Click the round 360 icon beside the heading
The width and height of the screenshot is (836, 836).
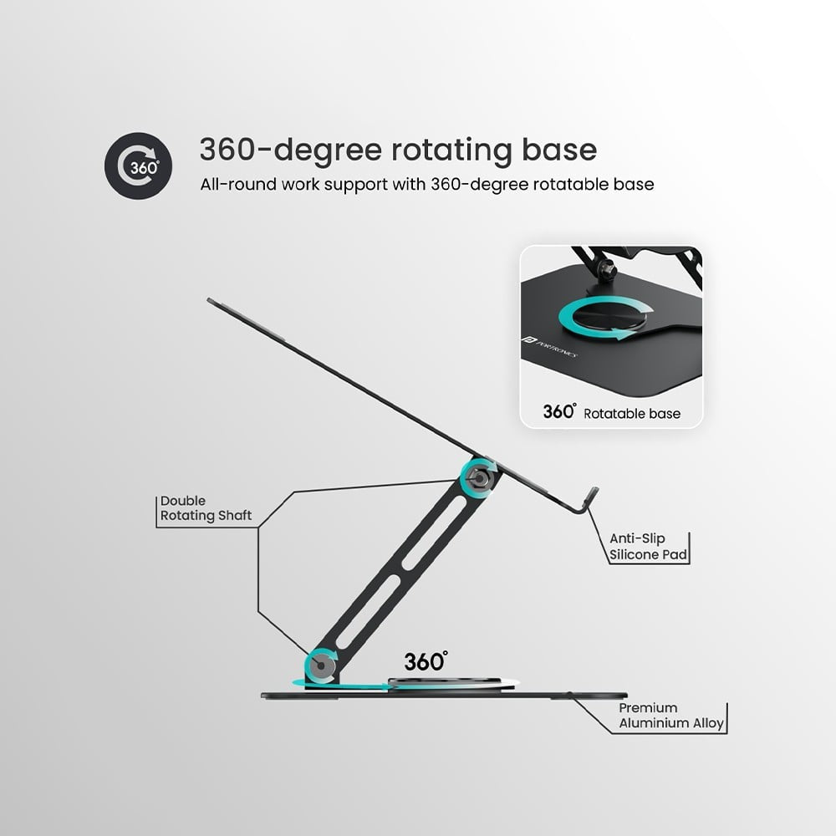(x=138, y=165)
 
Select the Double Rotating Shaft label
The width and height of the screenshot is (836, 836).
(x=206, y=508)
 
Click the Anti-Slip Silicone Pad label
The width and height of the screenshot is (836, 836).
(x=649, y=547)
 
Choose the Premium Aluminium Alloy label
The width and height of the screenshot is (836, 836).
(x=671, y=716)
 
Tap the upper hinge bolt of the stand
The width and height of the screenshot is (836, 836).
(x=480, y=477)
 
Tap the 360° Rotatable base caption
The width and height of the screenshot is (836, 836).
(x=611, y=412)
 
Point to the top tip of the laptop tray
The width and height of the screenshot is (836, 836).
(x=211, y=300)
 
